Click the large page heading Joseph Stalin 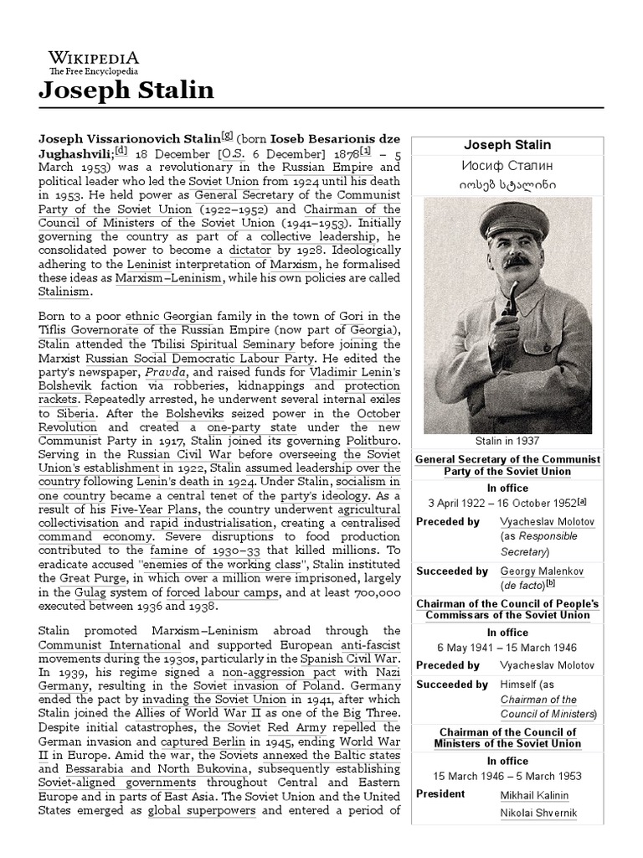126,90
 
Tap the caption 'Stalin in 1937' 507,441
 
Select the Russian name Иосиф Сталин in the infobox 507,164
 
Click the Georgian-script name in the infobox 507,184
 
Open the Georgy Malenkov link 542,571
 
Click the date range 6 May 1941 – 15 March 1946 507,649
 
